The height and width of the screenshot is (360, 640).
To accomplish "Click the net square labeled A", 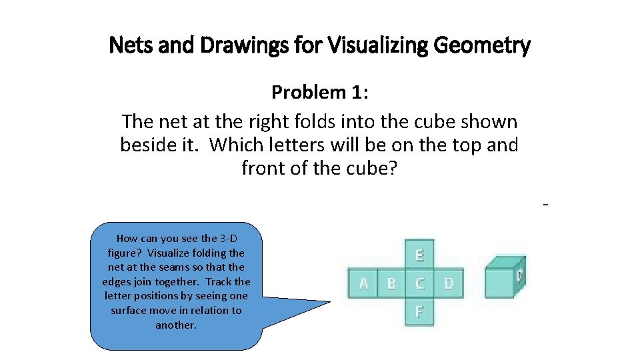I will coord(363,283).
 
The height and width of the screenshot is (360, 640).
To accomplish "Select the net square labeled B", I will coord(391,283).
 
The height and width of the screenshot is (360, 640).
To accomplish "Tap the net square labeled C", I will coord(419,283).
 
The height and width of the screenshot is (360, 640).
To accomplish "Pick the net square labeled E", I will coord(419,255).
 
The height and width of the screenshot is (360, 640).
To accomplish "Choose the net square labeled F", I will coord(419,311).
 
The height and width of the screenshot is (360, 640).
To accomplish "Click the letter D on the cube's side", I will coord(519,274).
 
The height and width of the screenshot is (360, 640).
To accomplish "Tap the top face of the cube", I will coord(504,263).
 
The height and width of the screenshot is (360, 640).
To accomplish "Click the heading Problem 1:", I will coord(320,93).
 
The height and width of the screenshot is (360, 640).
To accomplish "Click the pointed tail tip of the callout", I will coord(331,302).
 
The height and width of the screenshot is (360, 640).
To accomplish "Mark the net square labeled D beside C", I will coord(448,283).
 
